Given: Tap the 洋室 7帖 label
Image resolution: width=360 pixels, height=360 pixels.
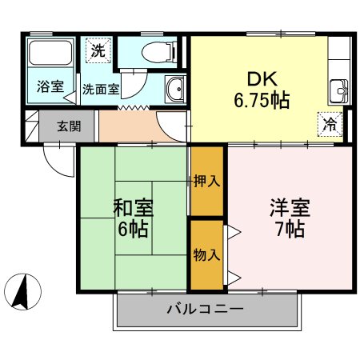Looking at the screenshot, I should pos(286,218).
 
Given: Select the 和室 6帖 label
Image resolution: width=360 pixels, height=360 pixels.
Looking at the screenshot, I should pos(132,218).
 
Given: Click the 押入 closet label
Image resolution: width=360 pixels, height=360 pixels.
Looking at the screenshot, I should pos(207,181).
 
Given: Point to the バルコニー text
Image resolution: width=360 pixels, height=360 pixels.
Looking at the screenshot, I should pos(205,308).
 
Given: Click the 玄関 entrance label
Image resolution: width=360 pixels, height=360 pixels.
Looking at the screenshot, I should pos(68,126).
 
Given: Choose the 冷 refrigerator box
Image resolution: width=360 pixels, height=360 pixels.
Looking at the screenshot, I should pos(329,123).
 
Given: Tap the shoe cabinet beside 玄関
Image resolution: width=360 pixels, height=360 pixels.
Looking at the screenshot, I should pos(32,126).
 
